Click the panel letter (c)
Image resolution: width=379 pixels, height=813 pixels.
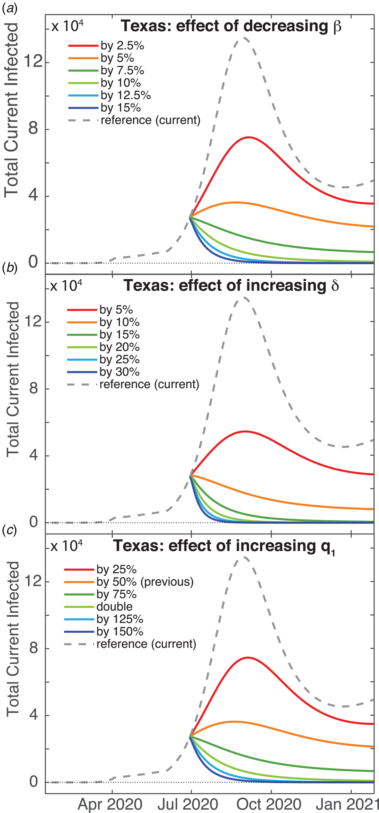coord(9,530)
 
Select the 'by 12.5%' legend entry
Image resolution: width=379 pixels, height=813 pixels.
coord(126,96)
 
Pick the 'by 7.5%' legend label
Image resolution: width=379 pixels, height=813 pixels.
coord(122,71)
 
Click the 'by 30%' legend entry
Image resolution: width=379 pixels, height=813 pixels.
coord(120,372)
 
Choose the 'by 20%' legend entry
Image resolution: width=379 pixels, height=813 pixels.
coord(120,347)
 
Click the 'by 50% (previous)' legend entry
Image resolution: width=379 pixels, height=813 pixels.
coord(145,582)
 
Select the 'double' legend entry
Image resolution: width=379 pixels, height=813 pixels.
coord(114,607)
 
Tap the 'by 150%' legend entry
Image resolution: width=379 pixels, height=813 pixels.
coord(120,632)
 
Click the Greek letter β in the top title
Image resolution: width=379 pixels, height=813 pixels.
coord(337,26)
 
